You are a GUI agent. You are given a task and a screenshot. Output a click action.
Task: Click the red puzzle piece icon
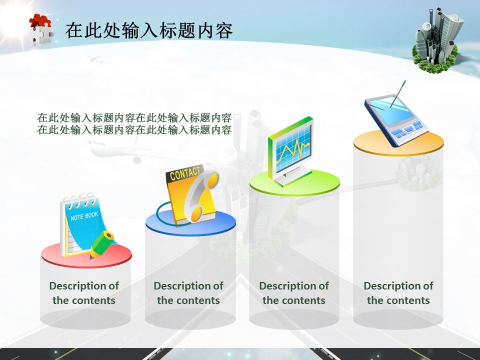click(40, 21)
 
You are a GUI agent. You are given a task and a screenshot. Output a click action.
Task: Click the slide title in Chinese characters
click(149, 30)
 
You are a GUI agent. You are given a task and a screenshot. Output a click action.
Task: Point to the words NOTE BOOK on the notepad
click(84, 216)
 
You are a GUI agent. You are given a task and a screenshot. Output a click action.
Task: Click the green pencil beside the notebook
click(101, 244)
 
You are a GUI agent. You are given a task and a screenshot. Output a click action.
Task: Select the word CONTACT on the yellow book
click(184, 173)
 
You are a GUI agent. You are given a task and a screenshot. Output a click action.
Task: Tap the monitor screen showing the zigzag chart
click(293, 150)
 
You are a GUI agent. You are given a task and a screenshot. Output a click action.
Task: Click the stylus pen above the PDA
click(397, 94)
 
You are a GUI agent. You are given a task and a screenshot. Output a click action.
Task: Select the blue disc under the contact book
click(190, 223)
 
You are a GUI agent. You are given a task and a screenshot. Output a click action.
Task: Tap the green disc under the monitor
click(294, 183)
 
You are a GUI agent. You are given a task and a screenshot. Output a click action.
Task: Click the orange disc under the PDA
click(398, 143)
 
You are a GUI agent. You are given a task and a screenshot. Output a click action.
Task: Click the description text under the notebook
click(84, 293)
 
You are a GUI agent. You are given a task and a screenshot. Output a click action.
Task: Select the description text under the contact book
click(188, 293)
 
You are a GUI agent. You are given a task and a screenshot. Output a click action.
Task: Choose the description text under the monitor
click(294, 293)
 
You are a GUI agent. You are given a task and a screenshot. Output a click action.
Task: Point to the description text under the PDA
click(398, 293)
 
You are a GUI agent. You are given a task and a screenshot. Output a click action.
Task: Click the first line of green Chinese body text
click(134, 117)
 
